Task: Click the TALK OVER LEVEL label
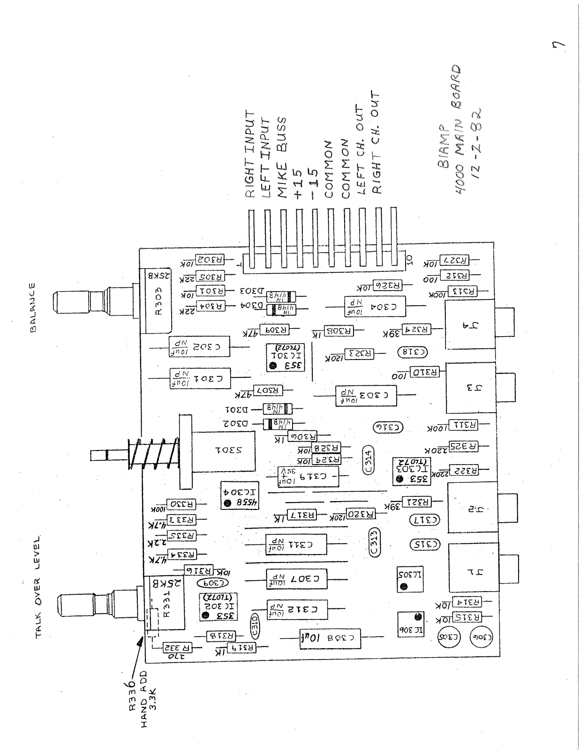pos(38,586)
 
